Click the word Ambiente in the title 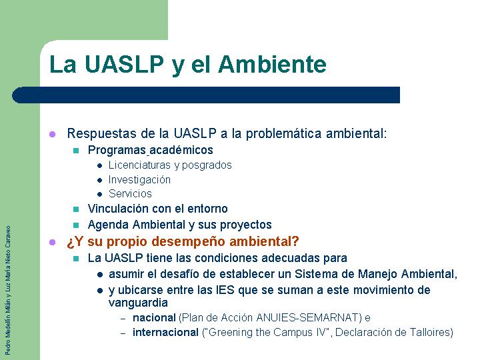pyautogui.click(x=272, y=64)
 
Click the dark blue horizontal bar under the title pyautogui.click(x=206, y=95)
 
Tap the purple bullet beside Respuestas pyautogui.click(x=53, y=134)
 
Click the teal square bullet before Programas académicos pyautogui.click(x=76, y=151)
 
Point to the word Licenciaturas pyautogui.click(x=140, y=165)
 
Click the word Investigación pyautogui.click(x=139, y=179)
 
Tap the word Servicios pyautogui.click(x=130, y=193)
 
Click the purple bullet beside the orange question pyautogui.click(x=53, y=242)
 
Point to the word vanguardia pyautogui.click(x=138, y=303)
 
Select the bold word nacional pyautogui.click(x=154, y=317)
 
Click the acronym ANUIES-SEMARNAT pyautogui.click(x=307, y=317)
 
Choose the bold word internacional pyautogui.click(x=165, y=332)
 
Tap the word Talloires pyautogui.click(x=430, y=332)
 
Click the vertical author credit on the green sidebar pyautogui.click(x=8, y=290)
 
